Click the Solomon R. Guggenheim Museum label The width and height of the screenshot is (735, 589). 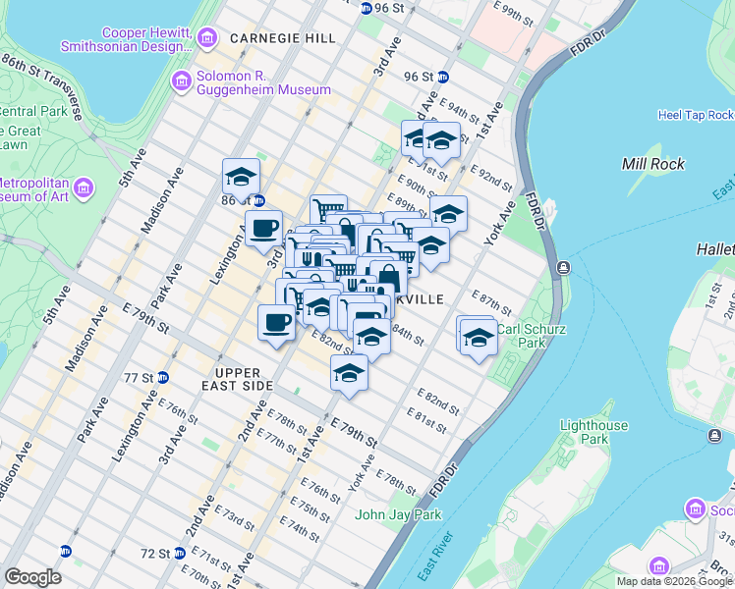pyautogui.click(x=263, y=81)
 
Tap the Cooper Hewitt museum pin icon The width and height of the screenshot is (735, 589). pyautogui.click(x=206, y=38)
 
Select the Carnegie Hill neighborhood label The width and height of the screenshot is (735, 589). pyautogui.click(x=282, y=37)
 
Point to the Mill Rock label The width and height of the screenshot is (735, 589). pyautogui.click(x=653, y=164)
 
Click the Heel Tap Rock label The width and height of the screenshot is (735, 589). pyautogui.click(x=695, y=115)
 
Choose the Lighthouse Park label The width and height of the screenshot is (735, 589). pyautogui.click(x=593, y=432)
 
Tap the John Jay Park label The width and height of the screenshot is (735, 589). pyautogui.click(x=398, y=514)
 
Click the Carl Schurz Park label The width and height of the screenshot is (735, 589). pyautogui.click(x=531, y=336)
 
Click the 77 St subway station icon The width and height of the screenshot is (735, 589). pyautogui.click(x=163, y=377)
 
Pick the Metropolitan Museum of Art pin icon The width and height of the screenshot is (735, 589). pyautogui.click(x=83, y=187)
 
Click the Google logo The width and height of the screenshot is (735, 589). pyautogui.click(x=32, y=577)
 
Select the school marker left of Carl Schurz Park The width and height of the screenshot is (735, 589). pyautogui.click(x=478, y=337)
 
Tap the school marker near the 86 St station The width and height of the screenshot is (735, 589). pyautogui.click(x=241, y=177)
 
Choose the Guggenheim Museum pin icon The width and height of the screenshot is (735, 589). pyautogui.click(x=181, y=80)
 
